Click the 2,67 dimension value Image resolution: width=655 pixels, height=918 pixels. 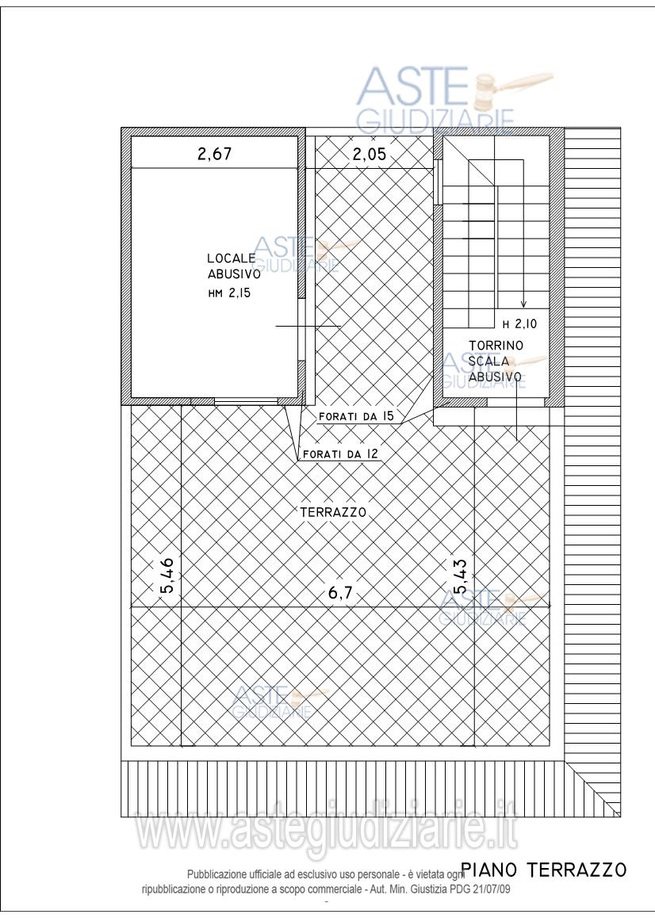click(214, 154)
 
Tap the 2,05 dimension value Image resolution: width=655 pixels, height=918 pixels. click(369, 154)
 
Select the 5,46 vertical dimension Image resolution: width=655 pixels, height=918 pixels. click(167, 576)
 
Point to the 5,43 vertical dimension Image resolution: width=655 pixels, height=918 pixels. click(460, 576)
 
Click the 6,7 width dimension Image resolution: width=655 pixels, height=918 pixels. click(340, 593)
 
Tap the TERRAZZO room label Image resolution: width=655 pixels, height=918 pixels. click(333, 511)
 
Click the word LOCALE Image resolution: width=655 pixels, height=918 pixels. click(232, 258)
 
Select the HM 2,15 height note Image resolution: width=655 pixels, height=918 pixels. click(229, 293)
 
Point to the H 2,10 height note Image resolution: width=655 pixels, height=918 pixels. click(519, 323)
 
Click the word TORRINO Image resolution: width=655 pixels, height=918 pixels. click(496, 346)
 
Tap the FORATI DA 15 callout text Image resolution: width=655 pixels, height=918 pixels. click(355, 416)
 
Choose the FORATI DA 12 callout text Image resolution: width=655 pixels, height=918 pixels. click(340, 453)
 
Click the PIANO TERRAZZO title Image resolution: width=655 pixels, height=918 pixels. click(544, 870)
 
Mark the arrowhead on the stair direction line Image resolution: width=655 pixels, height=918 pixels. click(523, 304)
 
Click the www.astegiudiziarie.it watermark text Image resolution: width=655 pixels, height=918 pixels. click(327, 828)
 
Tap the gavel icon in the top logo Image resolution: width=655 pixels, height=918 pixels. click(511, 88)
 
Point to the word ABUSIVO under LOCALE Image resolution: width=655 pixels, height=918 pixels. click(234, 274)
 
